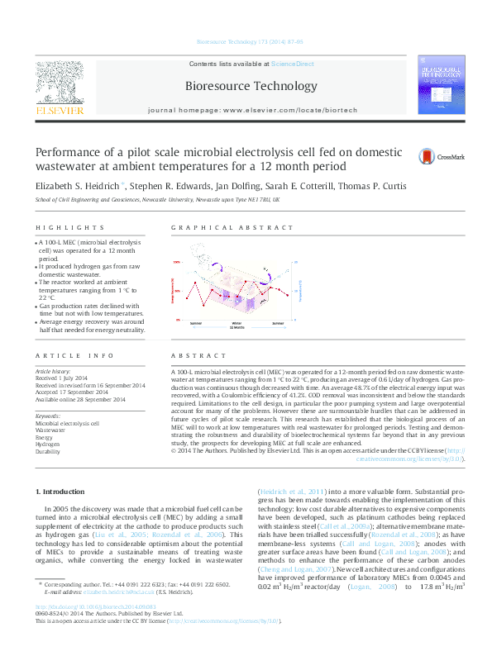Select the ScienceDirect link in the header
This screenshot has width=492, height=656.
[293, 64]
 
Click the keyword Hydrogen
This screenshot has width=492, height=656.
[49, 444]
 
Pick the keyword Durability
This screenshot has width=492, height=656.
[49, 452]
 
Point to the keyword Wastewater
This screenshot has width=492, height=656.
[51, 430]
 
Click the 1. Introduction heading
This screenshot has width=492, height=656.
[64, 492]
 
